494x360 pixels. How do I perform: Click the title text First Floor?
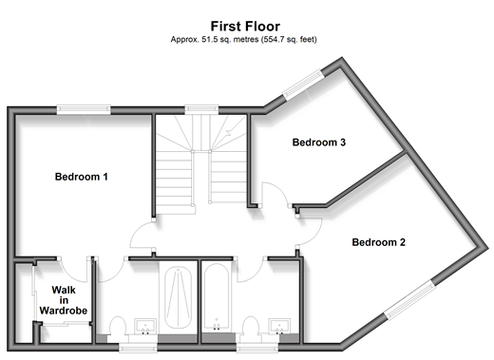pyautogui.click(x=245, y=27)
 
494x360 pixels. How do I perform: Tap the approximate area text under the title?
pyautogui.click(x=244, y=40)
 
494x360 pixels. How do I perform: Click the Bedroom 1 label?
pyautogui.click(x=82, y=177)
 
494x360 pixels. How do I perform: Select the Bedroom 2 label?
pyautogui.click(x=379, y=242)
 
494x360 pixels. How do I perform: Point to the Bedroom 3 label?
pyautogui.click(x=319, y=142)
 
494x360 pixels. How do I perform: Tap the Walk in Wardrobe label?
pyautogui.click(x=64, y=300)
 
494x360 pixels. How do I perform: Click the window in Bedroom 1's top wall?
pyautogui.click(x=84, y=109)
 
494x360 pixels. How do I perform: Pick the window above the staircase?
pyautogui.click(x=201, y=109)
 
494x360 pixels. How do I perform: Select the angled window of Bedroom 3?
pyautogui.click(x=303, y=85)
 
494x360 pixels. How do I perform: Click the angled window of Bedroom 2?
pyautogui.click(x=409, y=299)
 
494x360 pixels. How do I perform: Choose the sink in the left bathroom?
pyautogui.click(x=145, y=327)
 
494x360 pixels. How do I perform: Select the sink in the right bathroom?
pyautogui.click(x=279, y=327)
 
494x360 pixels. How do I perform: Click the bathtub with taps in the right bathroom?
pyautogui.click(x=217, y=296)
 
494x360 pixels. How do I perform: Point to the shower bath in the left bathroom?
pyautogui.click(x=179, y=297)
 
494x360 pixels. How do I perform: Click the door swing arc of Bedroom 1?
pyautogui.click(x=136, y=232)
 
